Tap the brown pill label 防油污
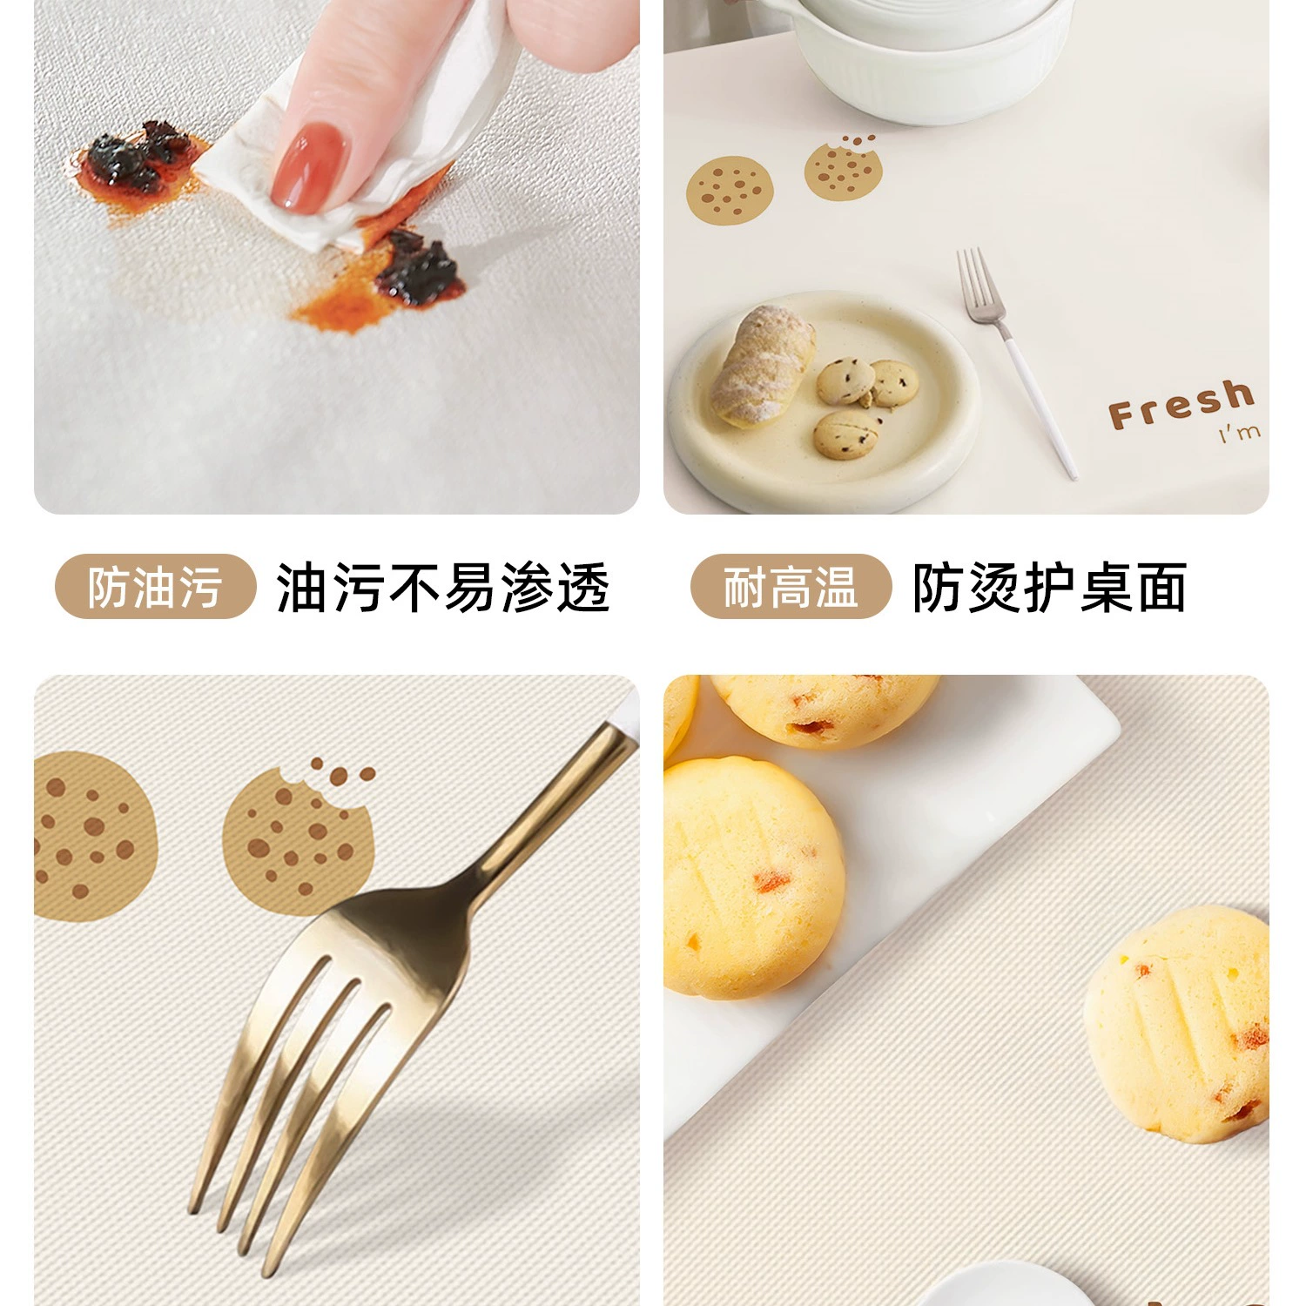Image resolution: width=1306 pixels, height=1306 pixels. point(155,587)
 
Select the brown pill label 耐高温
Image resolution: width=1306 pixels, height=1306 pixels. point(791,587)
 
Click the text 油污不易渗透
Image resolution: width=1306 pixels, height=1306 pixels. point(442,588)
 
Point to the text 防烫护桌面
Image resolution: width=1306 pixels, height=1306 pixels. point(1050,588)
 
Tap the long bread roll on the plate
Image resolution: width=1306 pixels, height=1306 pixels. point(762,366)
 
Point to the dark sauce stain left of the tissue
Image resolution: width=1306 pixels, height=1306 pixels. point(139,161)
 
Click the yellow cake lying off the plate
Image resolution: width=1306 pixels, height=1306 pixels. point(1177,1023)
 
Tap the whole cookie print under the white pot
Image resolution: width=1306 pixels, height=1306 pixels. point(730,190)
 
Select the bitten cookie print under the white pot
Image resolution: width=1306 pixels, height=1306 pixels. point(843,168)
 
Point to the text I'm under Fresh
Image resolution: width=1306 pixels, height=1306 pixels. point(1240,432)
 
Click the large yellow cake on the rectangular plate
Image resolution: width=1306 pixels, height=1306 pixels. point(752,878)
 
